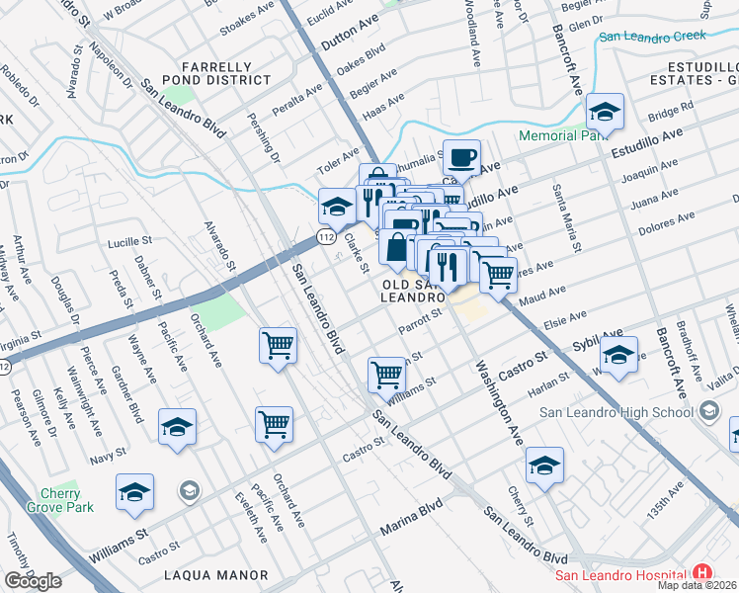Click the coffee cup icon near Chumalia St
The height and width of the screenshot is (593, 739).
tap(461, 156)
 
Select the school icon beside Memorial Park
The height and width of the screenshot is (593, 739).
tap(604, 111)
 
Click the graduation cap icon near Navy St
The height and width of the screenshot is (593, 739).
tap(177, 427)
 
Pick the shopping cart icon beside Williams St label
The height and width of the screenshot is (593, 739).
tap(386, 374)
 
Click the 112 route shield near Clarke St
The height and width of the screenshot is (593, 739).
tap(325, 237)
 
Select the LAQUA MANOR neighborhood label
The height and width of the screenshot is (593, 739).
tap(216, 574)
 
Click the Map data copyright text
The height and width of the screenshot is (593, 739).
tap(697, 585)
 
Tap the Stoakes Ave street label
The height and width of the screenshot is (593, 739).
tap(246, 18)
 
